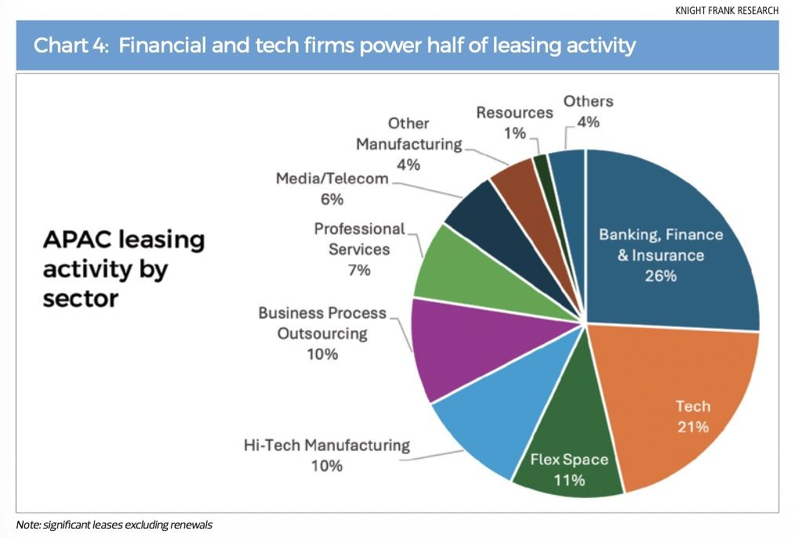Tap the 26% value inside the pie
click(661, 276)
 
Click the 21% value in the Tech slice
click(693, 427)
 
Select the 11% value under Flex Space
click(568, 480)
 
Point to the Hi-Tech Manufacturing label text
click(326, 445)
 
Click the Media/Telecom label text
click(332, 179)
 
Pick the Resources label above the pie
click(514, 113)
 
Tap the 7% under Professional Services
click(360, 271)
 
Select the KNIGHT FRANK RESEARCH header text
click(727, 11)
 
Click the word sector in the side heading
click(80, 299)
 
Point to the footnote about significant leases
click(114, 524)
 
